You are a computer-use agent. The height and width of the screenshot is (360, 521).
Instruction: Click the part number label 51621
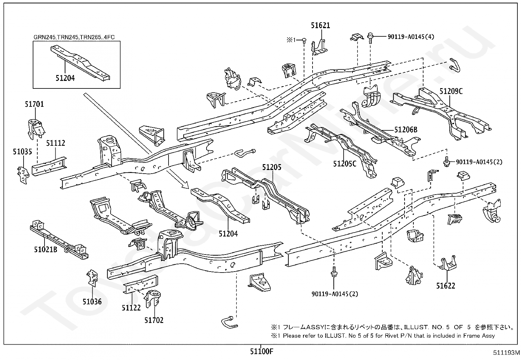(320, 25)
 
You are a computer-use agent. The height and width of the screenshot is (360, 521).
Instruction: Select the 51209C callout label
(451, 91)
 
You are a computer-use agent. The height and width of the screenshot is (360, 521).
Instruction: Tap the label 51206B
(406, 130)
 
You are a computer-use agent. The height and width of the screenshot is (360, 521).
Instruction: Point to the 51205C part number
(345, 164)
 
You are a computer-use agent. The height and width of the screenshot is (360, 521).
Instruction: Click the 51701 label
(34, 104)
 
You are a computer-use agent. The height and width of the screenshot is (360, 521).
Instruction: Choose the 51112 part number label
(56, 143)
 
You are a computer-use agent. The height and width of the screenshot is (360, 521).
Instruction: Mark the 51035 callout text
(22, 152)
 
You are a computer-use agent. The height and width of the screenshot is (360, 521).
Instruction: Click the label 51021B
(45, 249)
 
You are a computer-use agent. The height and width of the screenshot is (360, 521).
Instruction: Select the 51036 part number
(92, 302)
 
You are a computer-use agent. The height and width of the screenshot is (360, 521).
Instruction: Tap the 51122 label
(131, 308)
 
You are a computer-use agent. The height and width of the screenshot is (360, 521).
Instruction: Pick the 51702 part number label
(154, 320)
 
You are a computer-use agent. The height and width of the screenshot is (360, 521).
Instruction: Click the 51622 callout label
(446, 286)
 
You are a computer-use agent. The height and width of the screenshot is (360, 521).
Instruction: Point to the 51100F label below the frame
(262, 351)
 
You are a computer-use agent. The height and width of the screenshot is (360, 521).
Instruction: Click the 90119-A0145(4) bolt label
(411, 37)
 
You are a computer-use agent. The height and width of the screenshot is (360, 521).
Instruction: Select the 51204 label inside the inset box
(65, 78)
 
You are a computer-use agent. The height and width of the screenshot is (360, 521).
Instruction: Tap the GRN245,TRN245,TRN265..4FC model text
(74, 37)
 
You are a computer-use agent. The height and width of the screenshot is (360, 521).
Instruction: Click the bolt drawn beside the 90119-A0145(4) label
(370, 38)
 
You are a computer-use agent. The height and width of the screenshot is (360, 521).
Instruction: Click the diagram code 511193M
(506, 353)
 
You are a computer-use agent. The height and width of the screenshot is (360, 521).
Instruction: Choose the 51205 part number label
(272, 167)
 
